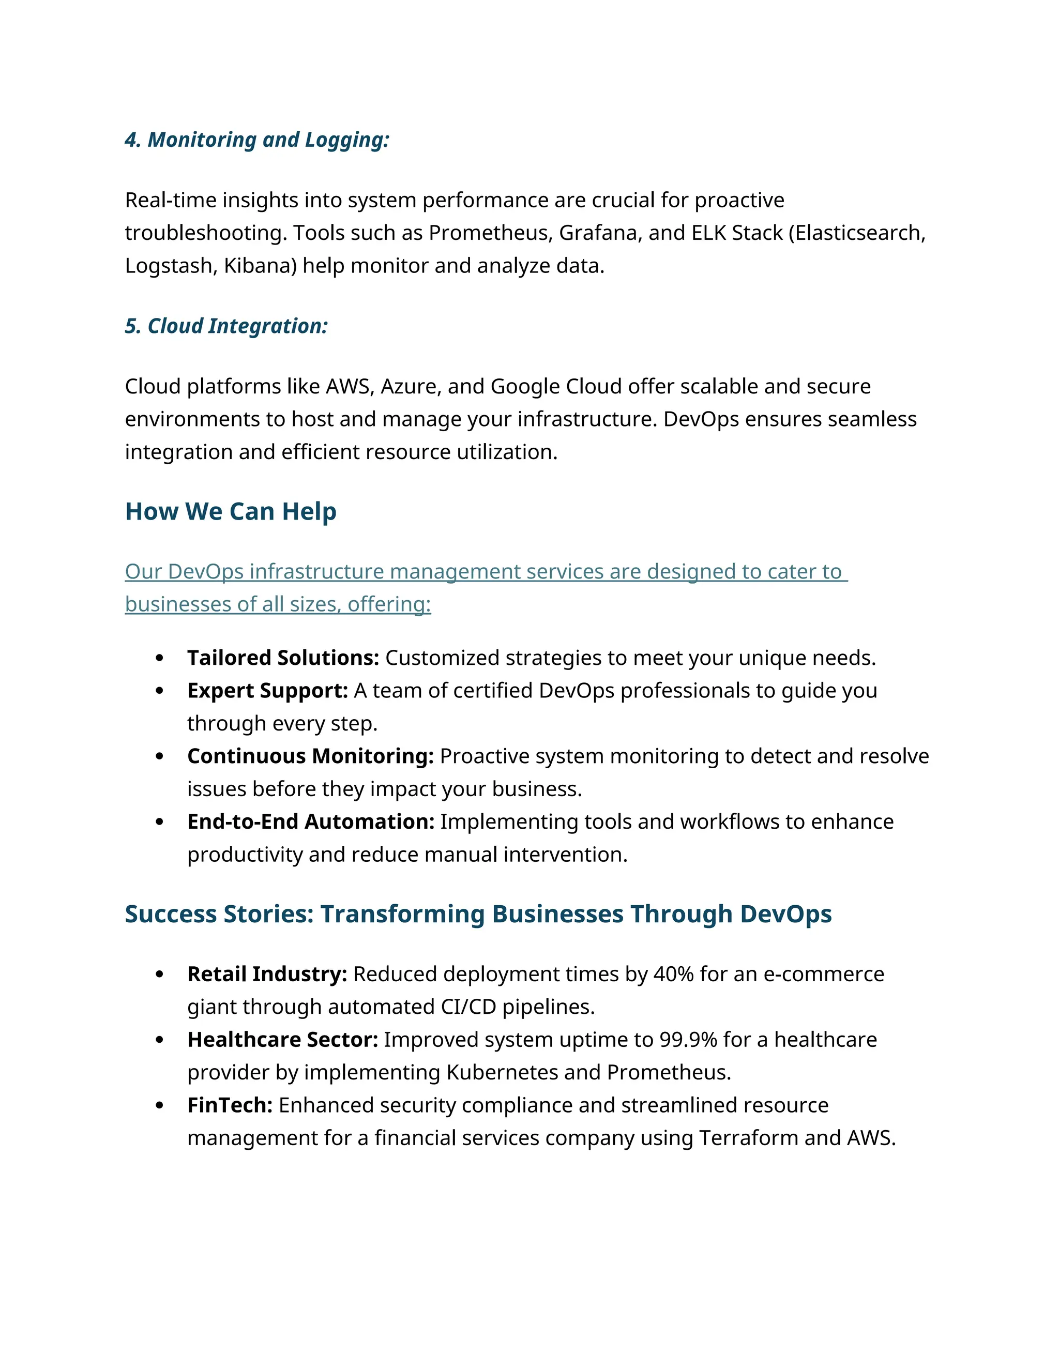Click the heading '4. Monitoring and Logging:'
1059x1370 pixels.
click(x=256, y=140)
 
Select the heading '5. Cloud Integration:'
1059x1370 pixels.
click(x=226, y=326)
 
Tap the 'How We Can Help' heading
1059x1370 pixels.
click(x=230, y=511)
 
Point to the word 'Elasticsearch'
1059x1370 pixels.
click(x=858, y=233)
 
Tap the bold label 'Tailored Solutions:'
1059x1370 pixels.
click(x=283, y=658)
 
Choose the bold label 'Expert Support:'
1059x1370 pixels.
click(x=267, y=690)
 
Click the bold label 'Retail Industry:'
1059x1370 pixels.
click(x=267, y=973)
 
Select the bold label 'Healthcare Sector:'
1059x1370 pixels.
click(x=282, y=1040)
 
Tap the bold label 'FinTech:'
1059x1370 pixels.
click(x=230, y=1105)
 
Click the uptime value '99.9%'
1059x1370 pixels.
click(x=688, y=1040)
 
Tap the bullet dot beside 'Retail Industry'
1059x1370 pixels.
click(x=159, y=974)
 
